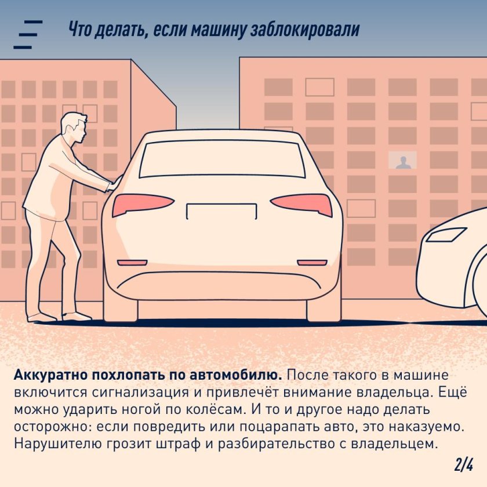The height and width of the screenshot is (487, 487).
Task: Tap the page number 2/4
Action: tap(463, 464)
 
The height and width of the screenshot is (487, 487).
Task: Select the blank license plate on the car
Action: tap(221, 210)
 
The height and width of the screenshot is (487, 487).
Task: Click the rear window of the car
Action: tap(221, 159)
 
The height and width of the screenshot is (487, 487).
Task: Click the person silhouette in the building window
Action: tap(402, 162)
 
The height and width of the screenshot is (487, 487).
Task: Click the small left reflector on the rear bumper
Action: tap(132, 263)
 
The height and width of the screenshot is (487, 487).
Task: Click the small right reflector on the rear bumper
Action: tap(312, 263)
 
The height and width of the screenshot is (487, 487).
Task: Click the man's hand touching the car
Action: tap(113, 184)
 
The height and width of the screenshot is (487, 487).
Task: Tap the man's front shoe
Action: tap(77, 317)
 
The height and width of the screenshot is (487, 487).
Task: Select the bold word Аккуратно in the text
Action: tap(46, 375)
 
